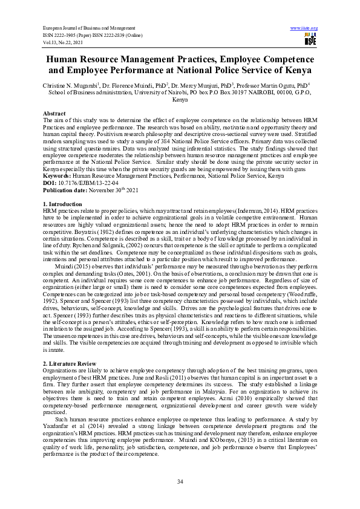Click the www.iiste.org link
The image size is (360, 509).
[x=304, y=28]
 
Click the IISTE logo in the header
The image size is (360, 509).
[x=310, y=40]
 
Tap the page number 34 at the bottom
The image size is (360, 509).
[x=180, y=481]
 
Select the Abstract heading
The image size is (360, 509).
[x=54, y=114]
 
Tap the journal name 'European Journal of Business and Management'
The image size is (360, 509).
[x=88, y=28]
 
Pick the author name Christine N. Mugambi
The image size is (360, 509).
[x=68, y=86]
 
